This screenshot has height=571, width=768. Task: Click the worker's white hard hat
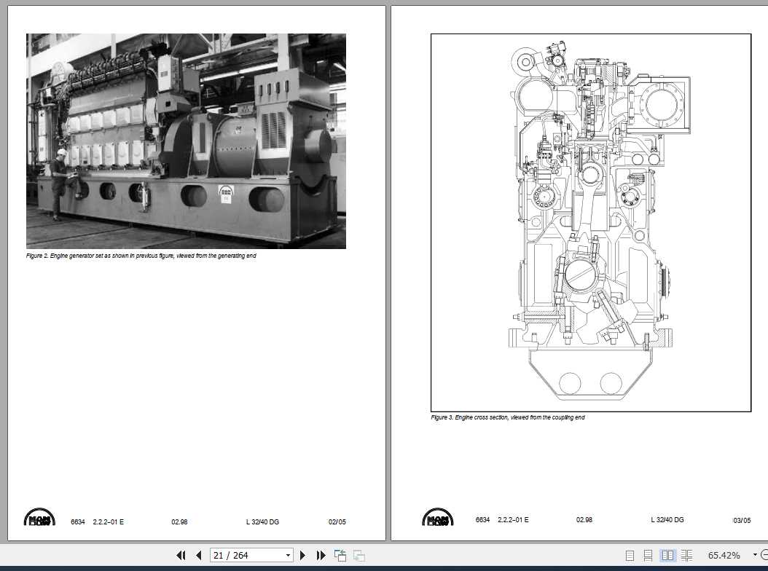pyautogui.click(x=62, y=152)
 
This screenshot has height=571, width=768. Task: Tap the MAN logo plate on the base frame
pyautogui.click(x=226, y=194)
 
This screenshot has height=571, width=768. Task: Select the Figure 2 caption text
pyautogui.click(x=141, y=256)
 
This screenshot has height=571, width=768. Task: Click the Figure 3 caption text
pyautogui.click(x=507, y=418)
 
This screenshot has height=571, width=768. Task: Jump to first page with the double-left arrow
pyautogui.click(x=181, y=555)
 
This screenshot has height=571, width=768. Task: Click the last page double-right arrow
pyautogui.click(x=321, y=555)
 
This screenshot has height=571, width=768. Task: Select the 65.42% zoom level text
pyautogui.click(x=724, y=555)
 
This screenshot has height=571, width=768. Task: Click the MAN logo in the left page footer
pyautogui.click(x=39, y=519)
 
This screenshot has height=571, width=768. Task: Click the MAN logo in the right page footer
pyautogui.click(x=437, y=519)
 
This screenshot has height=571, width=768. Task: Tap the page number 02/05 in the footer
pyautogui.click(x=337, y=521)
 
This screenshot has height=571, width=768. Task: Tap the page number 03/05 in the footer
pyautogui.click(x=742, y=521)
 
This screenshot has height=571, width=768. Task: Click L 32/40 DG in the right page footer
pyautogui.click(x=667, y=520)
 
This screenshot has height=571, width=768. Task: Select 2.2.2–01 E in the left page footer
pyautogui.click(x=109, y=521)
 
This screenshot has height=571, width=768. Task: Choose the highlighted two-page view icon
pyautogui.click(x=667, y=555)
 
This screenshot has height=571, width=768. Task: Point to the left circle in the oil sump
pyautogui.click(x=570, y=383)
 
